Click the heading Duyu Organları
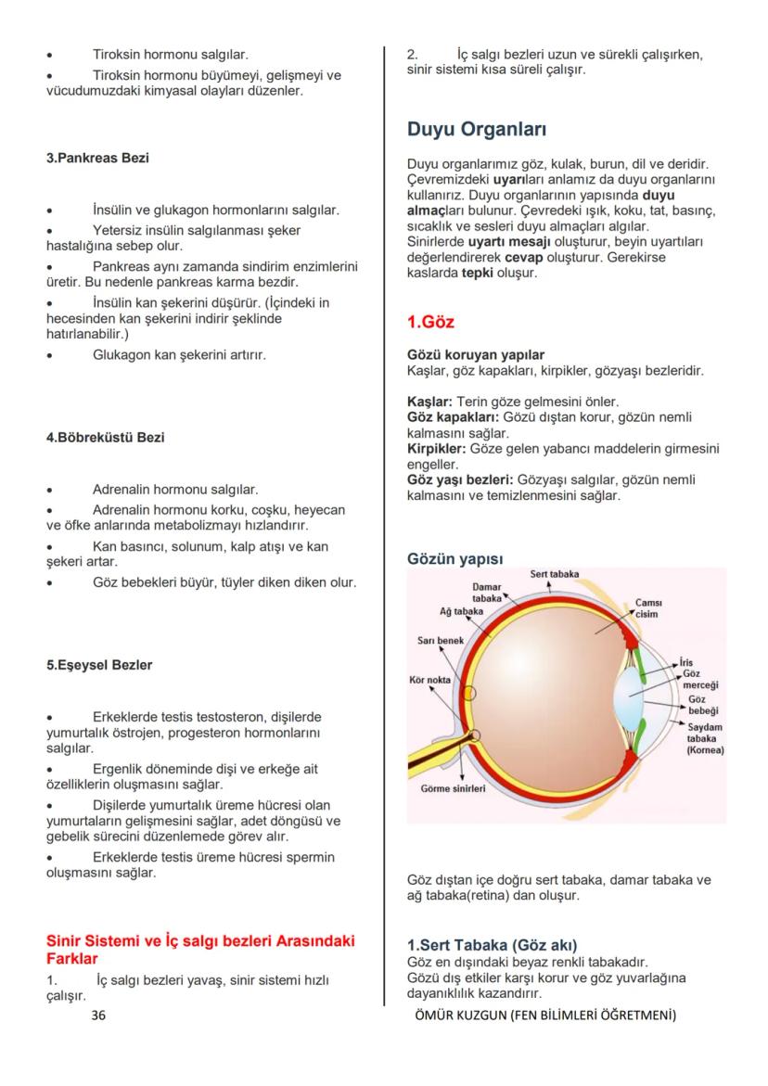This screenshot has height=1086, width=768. [x=477, y=129]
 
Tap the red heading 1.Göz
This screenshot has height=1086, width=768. [x=430, y=323]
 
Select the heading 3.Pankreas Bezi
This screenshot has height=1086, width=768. [x=97, y=159]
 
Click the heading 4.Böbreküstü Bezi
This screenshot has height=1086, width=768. [x=105, y=438]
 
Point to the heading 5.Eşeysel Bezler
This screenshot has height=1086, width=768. [x=99, y=665]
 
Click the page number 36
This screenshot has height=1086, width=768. [x=98, y=1016]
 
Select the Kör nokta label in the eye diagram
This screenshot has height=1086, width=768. [x=429, y=680]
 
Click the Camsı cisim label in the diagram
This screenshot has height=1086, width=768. [x=647, y=608]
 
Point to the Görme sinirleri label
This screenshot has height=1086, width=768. [x=453, y=788]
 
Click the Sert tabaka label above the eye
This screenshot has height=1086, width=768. [x=554, y=575]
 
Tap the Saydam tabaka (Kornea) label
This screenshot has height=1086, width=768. [x=705, y=738]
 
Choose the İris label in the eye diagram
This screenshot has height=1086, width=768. [x=686, y=662]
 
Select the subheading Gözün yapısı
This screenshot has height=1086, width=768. [x=454, y=559]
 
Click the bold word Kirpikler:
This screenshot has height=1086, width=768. [x=437, y=449]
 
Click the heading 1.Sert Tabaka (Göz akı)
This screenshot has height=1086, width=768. [x=492, y=945]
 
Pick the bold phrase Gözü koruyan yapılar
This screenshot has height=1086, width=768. [x=475, y=355]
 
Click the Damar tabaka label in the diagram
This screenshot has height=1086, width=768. [x=486, y=593]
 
